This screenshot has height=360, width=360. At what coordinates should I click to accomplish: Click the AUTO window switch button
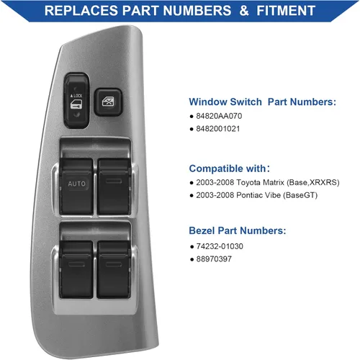[76, 186]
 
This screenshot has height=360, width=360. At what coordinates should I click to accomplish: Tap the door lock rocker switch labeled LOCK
[76, 100]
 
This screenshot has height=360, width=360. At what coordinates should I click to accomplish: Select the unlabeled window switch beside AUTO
[114, 186]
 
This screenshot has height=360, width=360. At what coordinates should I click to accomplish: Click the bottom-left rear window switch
[76, 269]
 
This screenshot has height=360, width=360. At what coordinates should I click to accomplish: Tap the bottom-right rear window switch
[114, 269]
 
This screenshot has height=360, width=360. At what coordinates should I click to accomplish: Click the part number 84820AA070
[219, 116]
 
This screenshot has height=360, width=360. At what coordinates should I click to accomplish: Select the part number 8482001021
[218, 129]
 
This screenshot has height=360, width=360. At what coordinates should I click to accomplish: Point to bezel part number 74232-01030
[220, 246]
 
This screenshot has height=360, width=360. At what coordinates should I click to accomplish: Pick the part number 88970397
[214, 259]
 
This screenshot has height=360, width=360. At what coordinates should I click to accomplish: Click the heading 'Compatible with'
[228, 168]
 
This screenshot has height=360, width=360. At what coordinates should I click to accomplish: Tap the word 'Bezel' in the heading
[202, 230]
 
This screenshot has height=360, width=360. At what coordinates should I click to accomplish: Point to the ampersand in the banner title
[244, 11]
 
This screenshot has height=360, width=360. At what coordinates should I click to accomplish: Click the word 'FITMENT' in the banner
[286, 11]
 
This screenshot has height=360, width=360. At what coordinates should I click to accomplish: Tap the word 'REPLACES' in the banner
[81, 11]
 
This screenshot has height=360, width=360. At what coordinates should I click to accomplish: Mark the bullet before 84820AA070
[192, 117]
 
